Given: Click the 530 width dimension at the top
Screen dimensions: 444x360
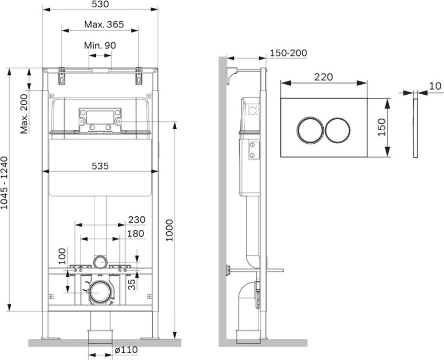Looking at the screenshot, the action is coord(100,4).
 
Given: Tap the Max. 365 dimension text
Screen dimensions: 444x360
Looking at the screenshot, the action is coord(104,24).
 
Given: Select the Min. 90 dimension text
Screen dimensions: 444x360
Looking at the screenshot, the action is coord(100,45).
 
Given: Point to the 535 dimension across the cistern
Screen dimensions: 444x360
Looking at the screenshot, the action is coord(100,166).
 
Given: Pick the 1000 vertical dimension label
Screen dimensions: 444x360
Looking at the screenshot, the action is coord(170,230).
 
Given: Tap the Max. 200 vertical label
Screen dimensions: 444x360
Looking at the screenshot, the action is coord(24,114).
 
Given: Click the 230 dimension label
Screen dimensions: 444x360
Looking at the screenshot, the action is coord(137,220).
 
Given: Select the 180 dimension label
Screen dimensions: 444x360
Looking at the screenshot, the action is coord(136,234).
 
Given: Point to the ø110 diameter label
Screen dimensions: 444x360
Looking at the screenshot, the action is coord(126,350).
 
